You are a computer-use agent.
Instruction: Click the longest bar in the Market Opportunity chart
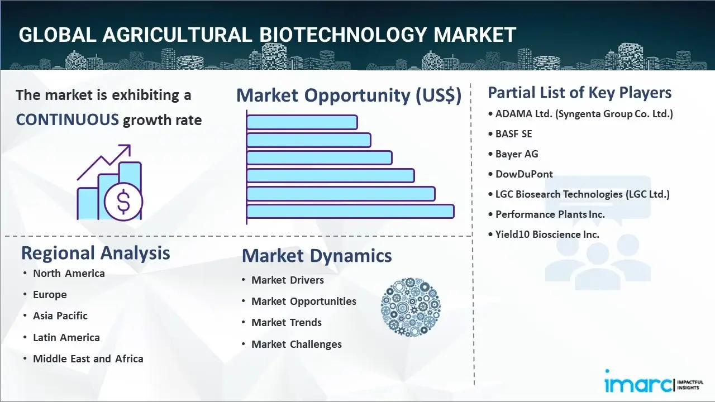(350, 212)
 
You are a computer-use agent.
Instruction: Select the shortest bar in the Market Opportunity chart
(302, 122)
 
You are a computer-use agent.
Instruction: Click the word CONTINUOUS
(67, 119)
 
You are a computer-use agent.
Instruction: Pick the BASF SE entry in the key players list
(513, 134)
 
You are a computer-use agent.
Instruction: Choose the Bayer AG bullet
(517, 154)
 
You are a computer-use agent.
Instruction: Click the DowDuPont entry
(524, 174)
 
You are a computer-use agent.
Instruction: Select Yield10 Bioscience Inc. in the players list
(547, 234)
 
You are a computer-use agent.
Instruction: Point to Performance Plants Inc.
(550, 214)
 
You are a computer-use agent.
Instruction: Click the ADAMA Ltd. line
(584, 114)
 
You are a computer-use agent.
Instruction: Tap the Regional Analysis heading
(96, 253)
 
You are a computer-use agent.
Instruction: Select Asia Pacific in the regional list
(60, 316)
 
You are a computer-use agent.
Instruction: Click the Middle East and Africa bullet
(88, 359)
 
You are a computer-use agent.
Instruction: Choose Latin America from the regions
(66, 338)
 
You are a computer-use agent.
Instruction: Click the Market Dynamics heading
(317, 256)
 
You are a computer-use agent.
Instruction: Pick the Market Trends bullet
(287, 323)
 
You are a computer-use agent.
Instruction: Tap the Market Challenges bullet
(296, 344)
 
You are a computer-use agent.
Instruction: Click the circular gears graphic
(411, 307)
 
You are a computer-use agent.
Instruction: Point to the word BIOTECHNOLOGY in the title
(344, 35)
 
